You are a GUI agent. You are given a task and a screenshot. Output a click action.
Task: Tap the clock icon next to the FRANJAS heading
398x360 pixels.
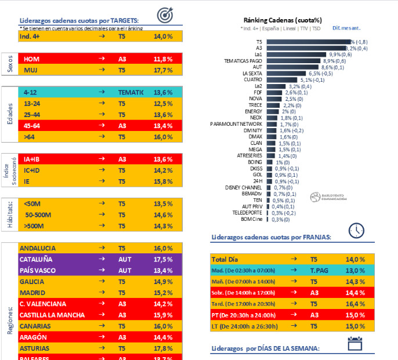pos(356,231)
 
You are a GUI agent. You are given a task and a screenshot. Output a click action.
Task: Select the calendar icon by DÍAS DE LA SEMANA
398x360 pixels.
pos(354,343)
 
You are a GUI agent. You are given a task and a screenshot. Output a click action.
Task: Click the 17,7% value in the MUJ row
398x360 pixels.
pos(163,70)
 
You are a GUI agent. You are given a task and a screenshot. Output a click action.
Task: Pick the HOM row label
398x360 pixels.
pos(31,59)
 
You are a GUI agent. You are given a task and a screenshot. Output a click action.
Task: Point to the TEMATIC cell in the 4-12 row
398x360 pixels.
pos(131,92)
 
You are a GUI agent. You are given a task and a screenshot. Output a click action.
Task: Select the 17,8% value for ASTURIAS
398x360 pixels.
pos(163,348)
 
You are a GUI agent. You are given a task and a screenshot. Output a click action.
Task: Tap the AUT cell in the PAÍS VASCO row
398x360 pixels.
pos(125,271)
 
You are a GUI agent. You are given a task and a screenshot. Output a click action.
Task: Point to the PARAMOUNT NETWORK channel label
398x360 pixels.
pos(236,124)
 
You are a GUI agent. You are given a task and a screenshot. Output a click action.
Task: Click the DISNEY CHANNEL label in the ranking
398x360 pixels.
pos(244,187)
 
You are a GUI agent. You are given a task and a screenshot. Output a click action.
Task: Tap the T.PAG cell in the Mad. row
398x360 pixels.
pos(320,271)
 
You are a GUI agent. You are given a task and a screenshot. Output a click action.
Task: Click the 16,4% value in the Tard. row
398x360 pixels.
pos(354,304)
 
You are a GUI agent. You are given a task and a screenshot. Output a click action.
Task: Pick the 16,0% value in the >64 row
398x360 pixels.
pos(163,137)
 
